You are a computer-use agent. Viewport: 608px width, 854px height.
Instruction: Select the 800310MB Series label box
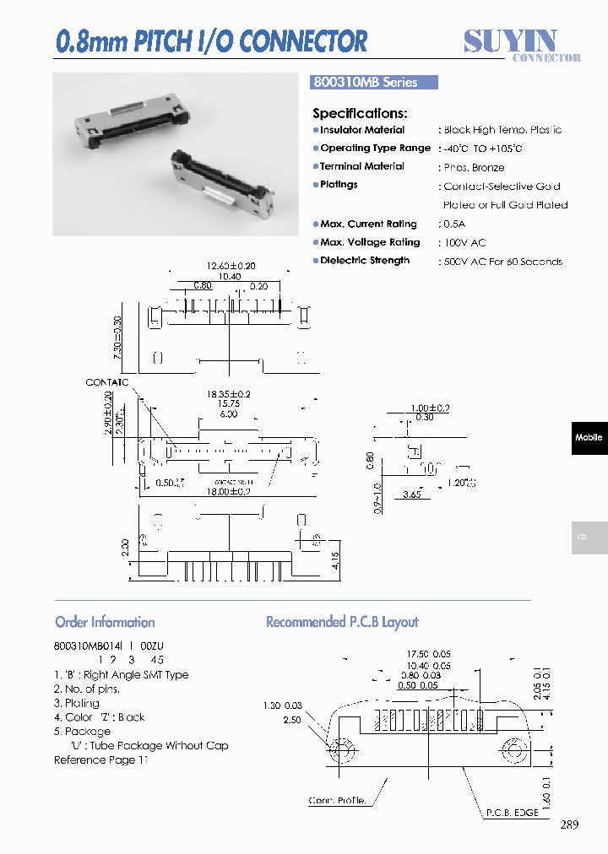click(x=376, y=83)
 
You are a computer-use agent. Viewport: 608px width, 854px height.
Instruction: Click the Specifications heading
click(x=360, y=113)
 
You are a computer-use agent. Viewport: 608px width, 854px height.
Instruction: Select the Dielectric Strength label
click(x=365, y=261)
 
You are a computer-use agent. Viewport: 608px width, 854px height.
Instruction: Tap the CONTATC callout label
click(x=107, y=382)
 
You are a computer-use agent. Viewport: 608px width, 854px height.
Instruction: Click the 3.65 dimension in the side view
click(x=412, y=495)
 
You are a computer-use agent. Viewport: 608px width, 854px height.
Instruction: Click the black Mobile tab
click(x=589, y=438)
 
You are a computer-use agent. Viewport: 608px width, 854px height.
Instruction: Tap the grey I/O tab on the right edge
click(x=589, y=538)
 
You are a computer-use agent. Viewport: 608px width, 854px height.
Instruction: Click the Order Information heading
click(x=105, y=622)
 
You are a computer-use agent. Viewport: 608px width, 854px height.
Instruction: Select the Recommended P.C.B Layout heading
click(x=342, y=622)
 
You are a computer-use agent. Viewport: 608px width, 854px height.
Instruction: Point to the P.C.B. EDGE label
click(x=512, y=813)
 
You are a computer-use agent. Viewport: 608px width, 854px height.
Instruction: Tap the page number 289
click(x=569, y=824)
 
